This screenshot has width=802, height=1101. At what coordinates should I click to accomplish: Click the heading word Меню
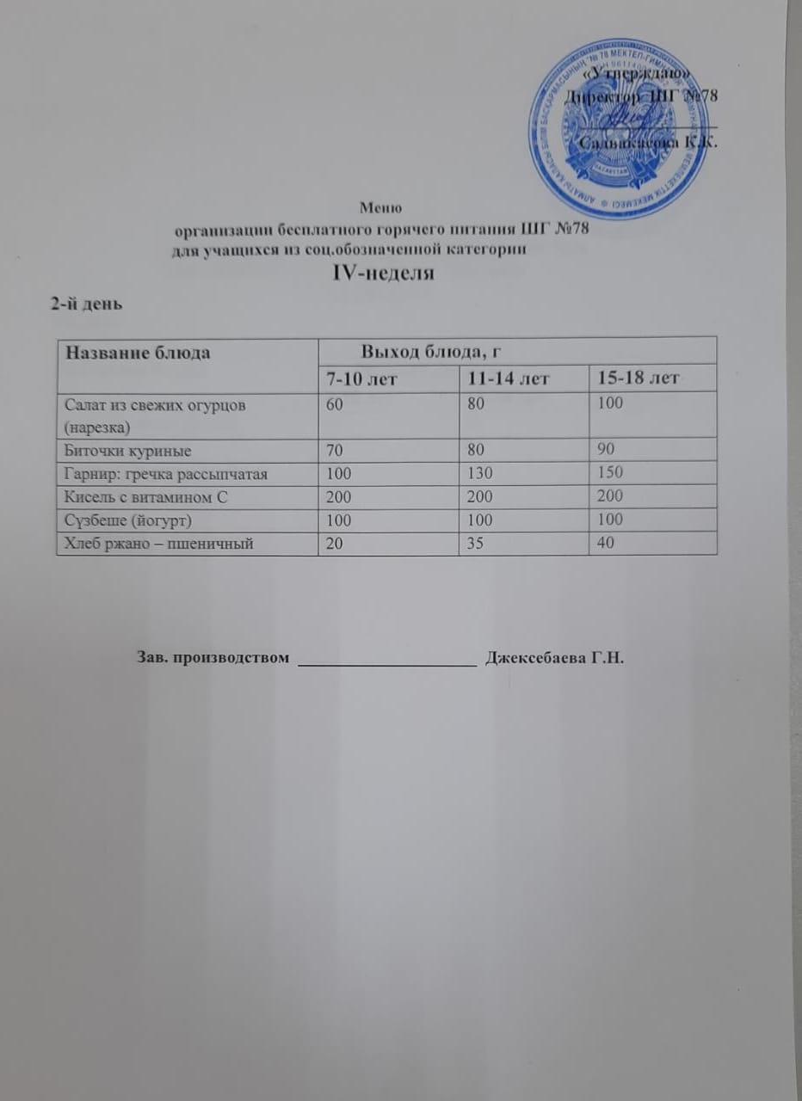coord(381,207)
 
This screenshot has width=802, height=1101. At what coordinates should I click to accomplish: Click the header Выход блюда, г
coord(431,350)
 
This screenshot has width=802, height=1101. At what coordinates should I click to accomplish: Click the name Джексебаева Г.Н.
coord(553,659)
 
